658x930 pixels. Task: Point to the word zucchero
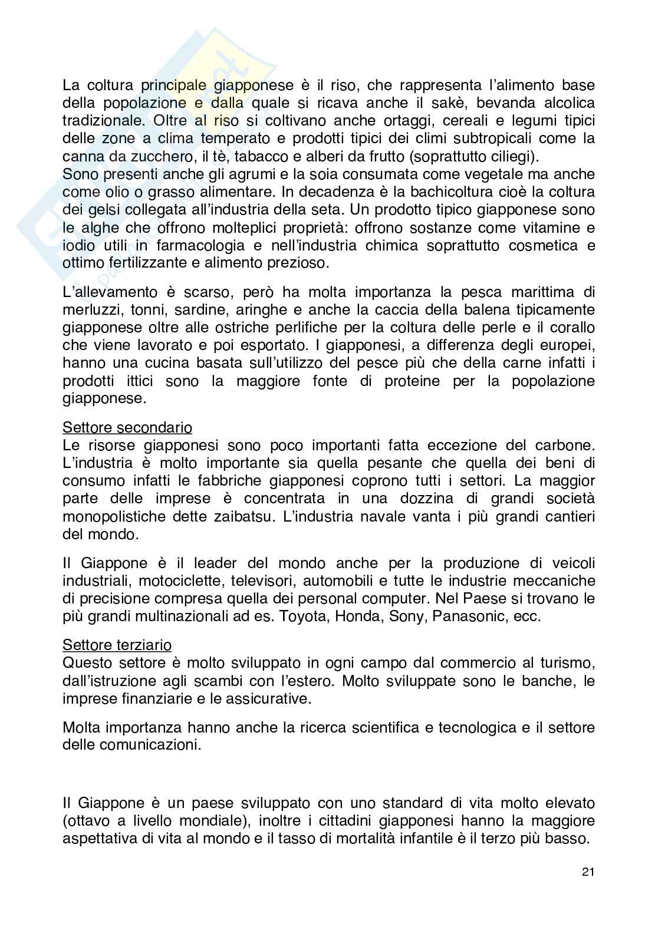click(x=142, y=157)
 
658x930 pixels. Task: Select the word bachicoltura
click(x=452, y=192)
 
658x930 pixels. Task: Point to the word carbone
click(x=567, y=445)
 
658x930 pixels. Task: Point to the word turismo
click(x=562, y=663)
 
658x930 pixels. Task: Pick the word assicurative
click(x=273, y=699)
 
